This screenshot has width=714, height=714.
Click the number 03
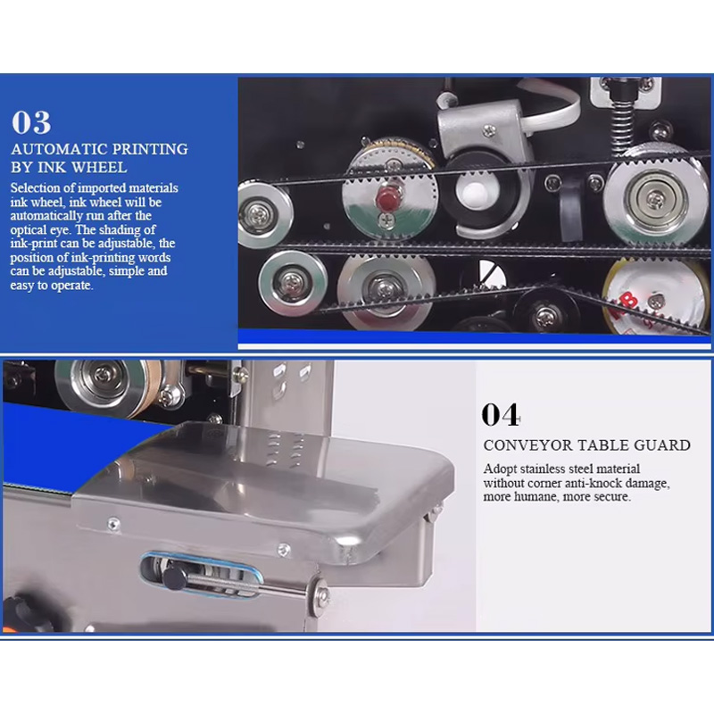click(x=31, y=123)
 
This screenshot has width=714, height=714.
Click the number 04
click(x=501, y=414)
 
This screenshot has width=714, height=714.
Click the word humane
click(x=536, y=496)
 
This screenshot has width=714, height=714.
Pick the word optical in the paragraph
click(x=28, y=229)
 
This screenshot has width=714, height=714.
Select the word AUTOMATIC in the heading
click(x=59, y=149)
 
